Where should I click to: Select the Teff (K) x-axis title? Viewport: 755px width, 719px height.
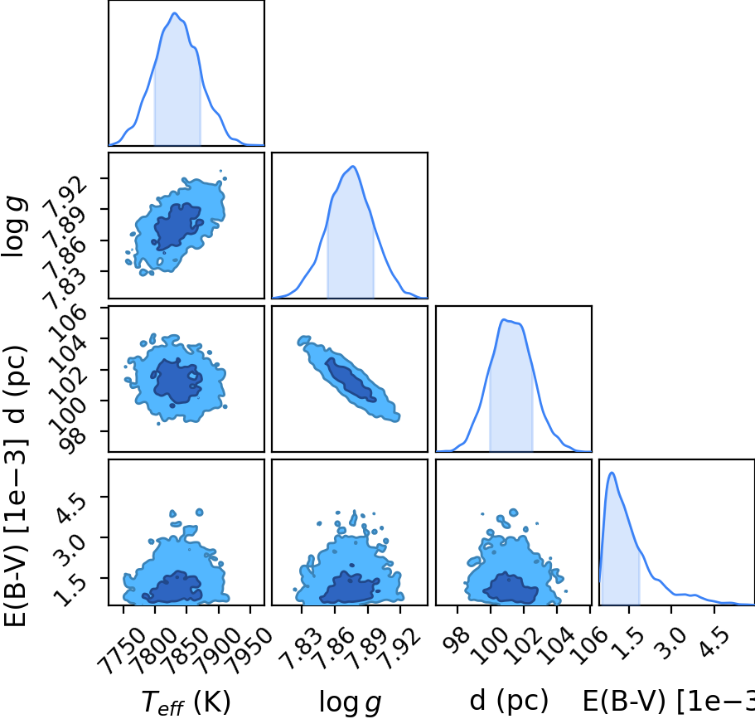(186, 702)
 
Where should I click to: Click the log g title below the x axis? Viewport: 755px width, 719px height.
(350, 702)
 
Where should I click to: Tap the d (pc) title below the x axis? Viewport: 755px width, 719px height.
(509, 700)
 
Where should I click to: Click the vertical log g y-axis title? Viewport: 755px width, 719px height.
(14, 226)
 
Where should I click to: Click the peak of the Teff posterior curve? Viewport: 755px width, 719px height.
(175, 13)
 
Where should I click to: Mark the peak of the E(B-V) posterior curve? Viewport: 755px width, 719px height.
(612, 472)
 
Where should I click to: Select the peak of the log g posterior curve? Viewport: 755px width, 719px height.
(353, 166)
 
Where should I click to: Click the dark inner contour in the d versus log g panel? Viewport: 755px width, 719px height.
(351, 379)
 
